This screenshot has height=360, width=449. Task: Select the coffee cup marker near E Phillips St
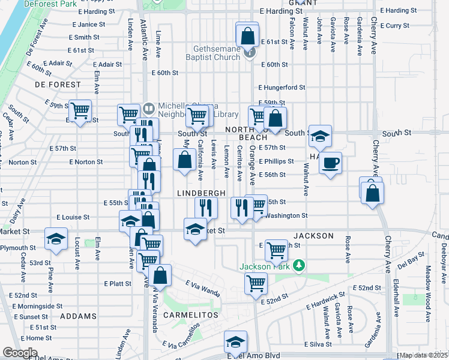[x=330, y=162]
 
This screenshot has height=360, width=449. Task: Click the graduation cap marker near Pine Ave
[x=56, y=239]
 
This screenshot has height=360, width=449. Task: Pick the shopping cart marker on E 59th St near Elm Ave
[x=80, y=110]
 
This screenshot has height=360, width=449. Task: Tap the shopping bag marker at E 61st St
[x=247, y=35]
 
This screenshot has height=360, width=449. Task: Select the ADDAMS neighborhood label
[x=78, y=316]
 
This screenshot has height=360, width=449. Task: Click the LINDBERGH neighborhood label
[x=201, y=193]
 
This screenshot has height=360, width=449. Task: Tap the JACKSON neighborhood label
[x=313, y=236]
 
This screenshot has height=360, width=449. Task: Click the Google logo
[x=20, y=353]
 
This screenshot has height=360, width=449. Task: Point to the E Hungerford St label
[x=282, y=87]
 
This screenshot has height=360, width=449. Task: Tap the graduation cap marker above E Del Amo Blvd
[x=235, y=341]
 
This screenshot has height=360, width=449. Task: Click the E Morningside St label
[x=40, y=306]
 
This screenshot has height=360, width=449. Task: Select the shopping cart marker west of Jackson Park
[x=256, y=282]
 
